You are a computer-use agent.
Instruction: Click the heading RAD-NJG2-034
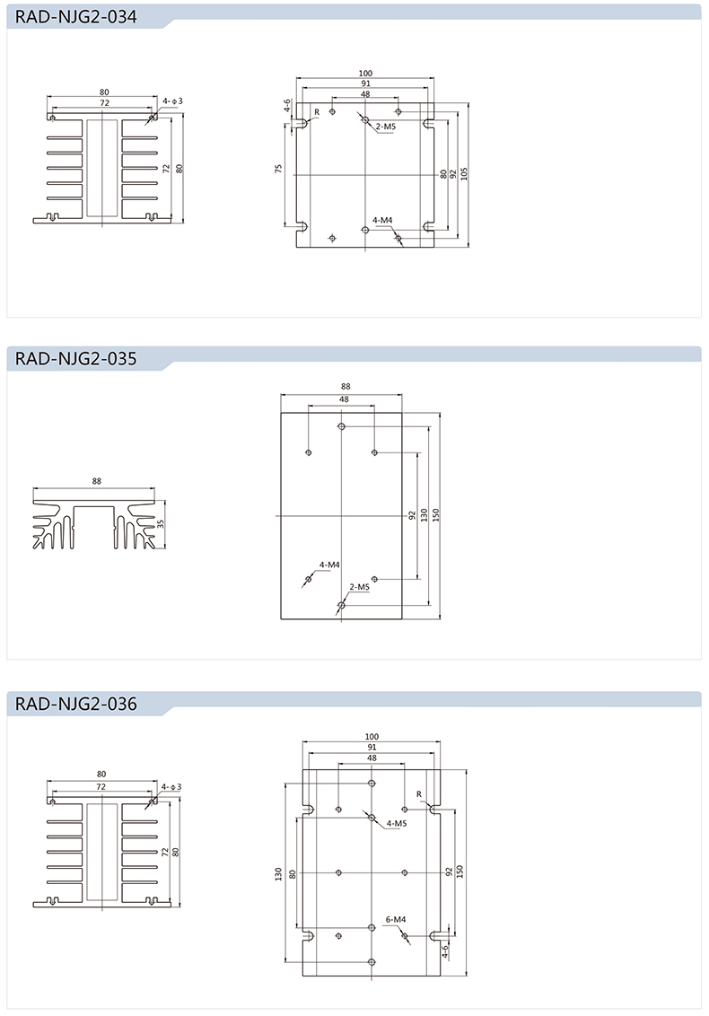(x=75, y=18)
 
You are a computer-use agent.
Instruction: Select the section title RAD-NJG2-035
(x=75, y=360)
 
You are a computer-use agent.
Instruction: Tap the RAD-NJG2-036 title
(x=75, y=705)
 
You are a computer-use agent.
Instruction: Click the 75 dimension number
(x=279, y=169)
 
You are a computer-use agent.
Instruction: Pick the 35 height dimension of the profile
(x=162, y=523)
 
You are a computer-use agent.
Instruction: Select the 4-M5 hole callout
(x=396, y=823)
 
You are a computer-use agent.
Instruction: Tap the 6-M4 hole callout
(x=396, y=919)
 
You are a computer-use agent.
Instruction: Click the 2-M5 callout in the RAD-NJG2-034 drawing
(x=386, y=127)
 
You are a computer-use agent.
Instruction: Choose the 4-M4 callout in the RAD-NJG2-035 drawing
(x=329, y=565)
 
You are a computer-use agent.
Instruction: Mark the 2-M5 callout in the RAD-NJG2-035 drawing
(x=359, y=587)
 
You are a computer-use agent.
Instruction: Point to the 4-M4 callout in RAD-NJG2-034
(x=382, y=220)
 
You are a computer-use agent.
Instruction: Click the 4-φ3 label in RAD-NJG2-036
(x=171, y=786)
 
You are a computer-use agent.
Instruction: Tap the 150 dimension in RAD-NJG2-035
(x=436, y=515)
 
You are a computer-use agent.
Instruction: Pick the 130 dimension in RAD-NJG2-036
(x=279, y=872)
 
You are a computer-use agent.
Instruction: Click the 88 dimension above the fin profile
(x=96, y=481)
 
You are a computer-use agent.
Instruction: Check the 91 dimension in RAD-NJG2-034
(x=365, y=83)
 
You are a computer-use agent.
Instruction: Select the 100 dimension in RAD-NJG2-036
(x=372, y=736)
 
